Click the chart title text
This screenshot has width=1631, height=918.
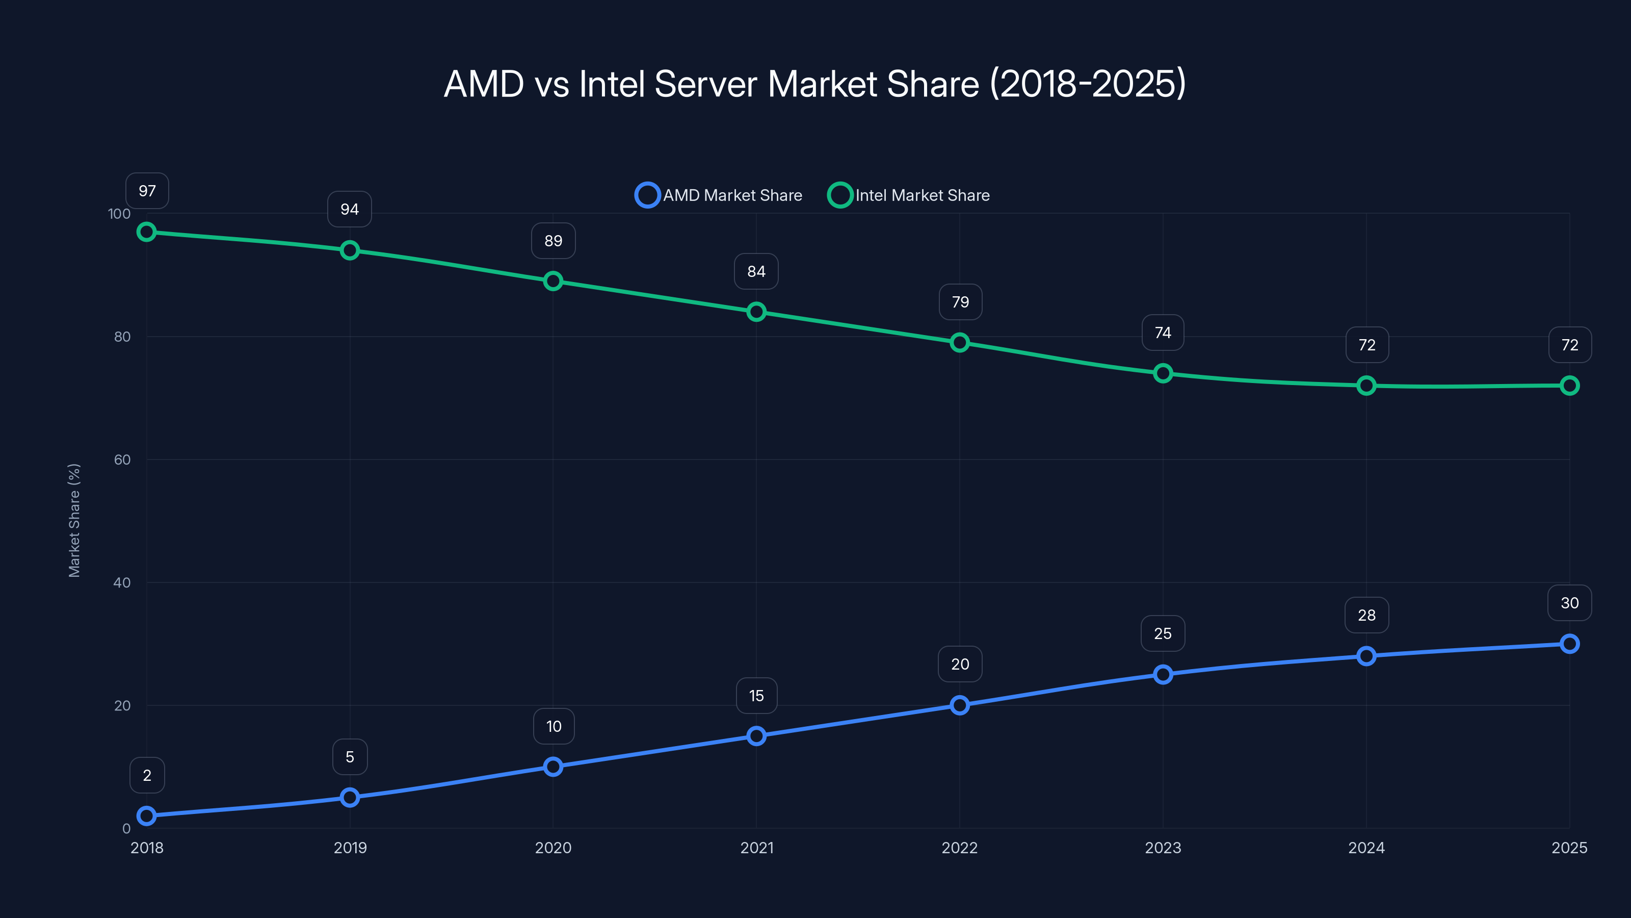[815, 84]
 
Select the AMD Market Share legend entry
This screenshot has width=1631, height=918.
[719, 195]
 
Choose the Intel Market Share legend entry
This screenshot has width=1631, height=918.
[909, 195]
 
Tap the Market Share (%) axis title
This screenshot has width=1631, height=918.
[74, 520]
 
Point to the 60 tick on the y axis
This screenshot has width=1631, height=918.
[122, 460]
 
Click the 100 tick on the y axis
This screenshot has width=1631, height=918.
[119, 214]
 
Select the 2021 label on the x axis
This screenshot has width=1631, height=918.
[756, 848]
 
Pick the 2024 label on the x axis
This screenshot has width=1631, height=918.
[1366, 848]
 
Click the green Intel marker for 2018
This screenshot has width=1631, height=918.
[147, 232]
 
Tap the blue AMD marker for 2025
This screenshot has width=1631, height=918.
[1569, 644]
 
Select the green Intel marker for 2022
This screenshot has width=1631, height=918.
[960, 343]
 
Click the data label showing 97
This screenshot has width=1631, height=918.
[147, 191]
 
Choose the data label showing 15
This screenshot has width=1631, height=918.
[756, 696]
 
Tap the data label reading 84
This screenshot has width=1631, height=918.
[756, 271]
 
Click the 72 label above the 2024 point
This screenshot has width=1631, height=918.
[1367, 345]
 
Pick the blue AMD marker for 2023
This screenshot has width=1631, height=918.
[1163, 674]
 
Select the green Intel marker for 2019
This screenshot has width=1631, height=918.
[350, 250]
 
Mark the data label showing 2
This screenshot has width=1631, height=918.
[147, 775]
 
